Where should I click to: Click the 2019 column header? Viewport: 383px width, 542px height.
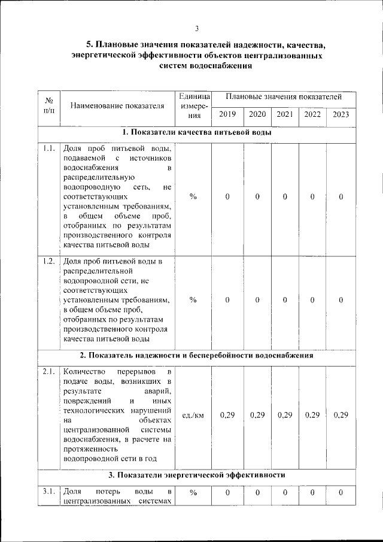coord(227,114)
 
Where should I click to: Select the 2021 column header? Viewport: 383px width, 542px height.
coord(285,114)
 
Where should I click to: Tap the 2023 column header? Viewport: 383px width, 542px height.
coord(341,114)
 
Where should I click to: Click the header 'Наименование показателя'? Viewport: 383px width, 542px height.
coord(117,107)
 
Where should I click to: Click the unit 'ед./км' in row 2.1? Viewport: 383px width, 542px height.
coord(193,415)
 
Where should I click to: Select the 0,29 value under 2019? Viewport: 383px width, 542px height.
coord(227,415)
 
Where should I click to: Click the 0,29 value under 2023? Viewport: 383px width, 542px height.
coord(341,415)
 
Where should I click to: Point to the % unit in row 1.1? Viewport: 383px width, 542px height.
coord(193,197)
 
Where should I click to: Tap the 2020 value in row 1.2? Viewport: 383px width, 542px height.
coord(257,300)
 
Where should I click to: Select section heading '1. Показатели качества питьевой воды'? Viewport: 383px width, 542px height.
coord(197,133)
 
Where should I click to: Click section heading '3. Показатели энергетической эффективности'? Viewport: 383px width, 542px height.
coord(197,476)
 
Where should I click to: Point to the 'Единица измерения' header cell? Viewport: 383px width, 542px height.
coord(193,106)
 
